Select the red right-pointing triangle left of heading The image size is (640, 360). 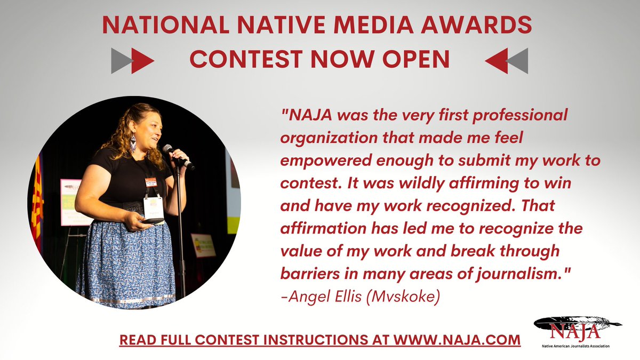142,60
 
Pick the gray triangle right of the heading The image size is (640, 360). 518,61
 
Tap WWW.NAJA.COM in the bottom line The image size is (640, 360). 457,340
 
